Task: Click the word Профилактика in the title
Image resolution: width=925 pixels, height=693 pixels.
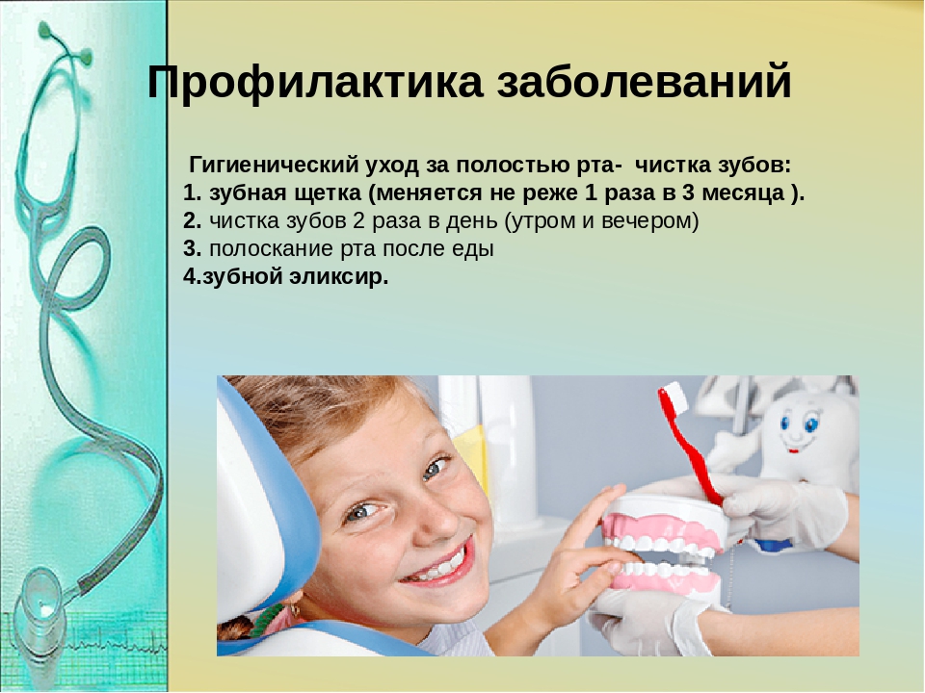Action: click(315, 82)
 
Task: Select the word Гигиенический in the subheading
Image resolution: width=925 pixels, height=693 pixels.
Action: click(274, 166)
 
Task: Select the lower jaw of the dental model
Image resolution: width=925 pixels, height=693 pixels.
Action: click(666, 581)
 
